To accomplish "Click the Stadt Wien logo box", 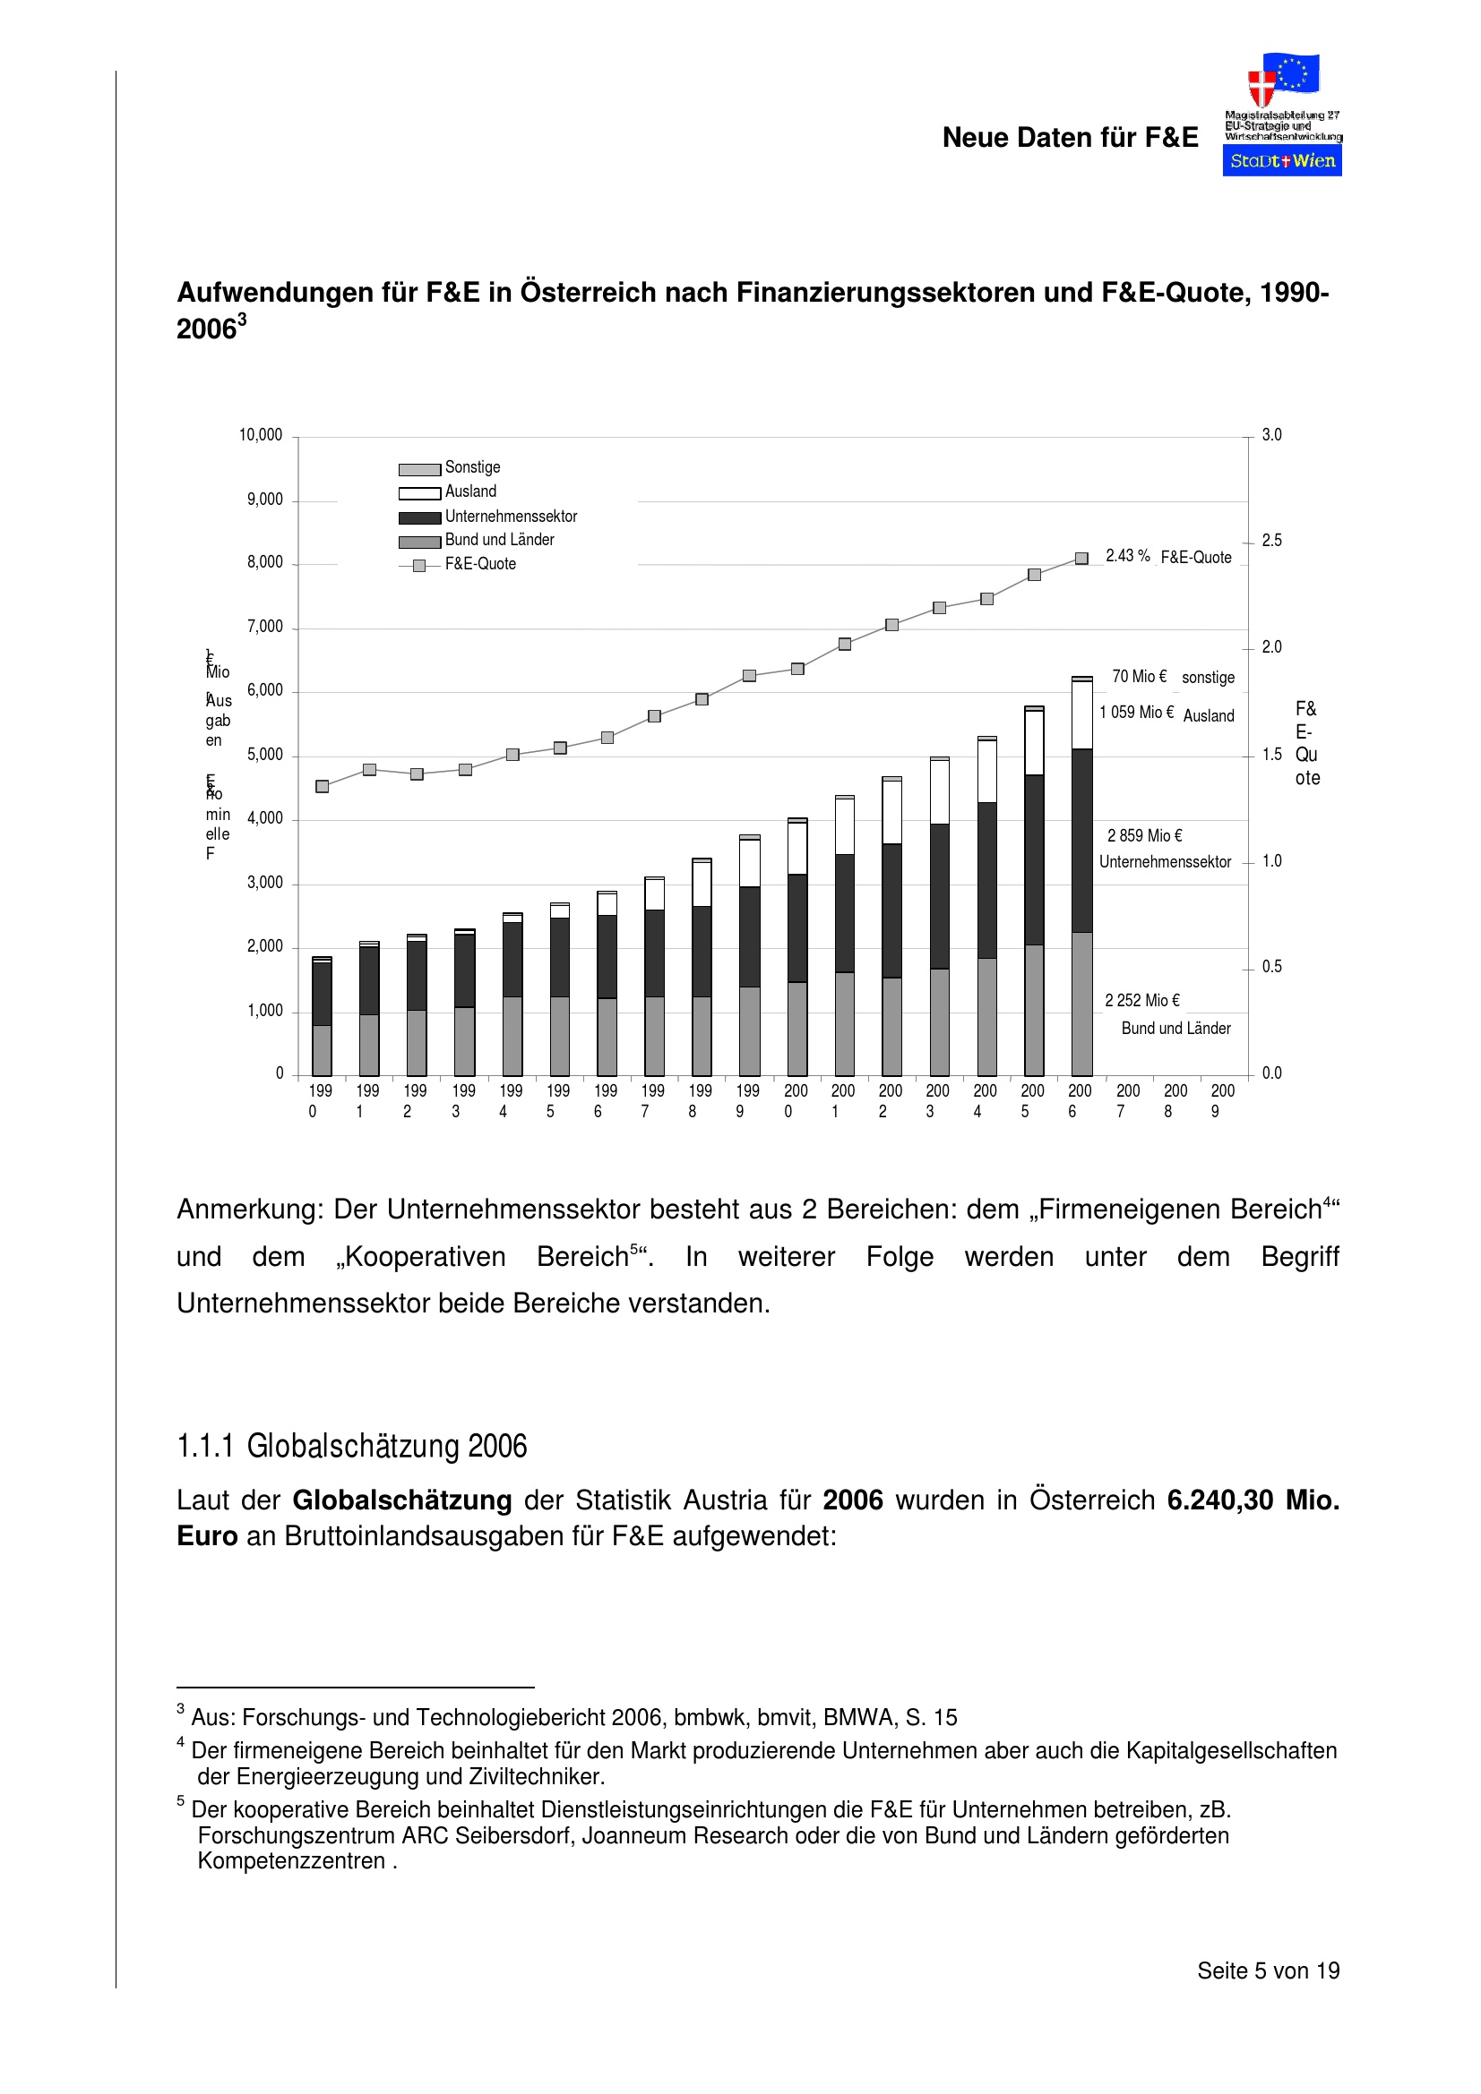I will (x=1281, y=160).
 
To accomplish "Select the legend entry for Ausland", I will (x=470, y=491).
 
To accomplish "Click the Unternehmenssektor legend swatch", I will (x=420, y=517).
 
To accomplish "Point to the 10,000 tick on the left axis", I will (x=261, y=435).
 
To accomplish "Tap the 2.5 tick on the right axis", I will (x=1271, y=541).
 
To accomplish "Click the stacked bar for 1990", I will (x=322, y=1017).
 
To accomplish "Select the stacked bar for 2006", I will (x=1081, y=876).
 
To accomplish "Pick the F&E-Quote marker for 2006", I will (x=1081, y=558).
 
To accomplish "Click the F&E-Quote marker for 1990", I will (x=323, y=786).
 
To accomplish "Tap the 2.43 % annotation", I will (x=1127, y=555).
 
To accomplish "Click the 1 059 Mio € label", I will (x=1136, y=713).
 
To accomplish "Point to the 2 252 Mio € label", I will (x=1142, y=1001).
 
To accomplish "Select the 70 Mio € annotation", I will (x=1139, y=676).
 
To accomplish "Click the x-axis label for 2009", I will (x=1222, y=1100).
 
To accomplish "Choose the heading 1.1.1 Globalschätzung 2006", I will (x=351, y=1447).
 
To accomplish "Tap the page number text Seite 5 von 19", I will (x=1268, y=1970).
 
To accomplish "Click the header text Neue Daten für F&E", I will (x=1070, y=138).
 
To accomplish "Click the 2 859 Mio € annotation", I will (x=1144, y=835).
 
